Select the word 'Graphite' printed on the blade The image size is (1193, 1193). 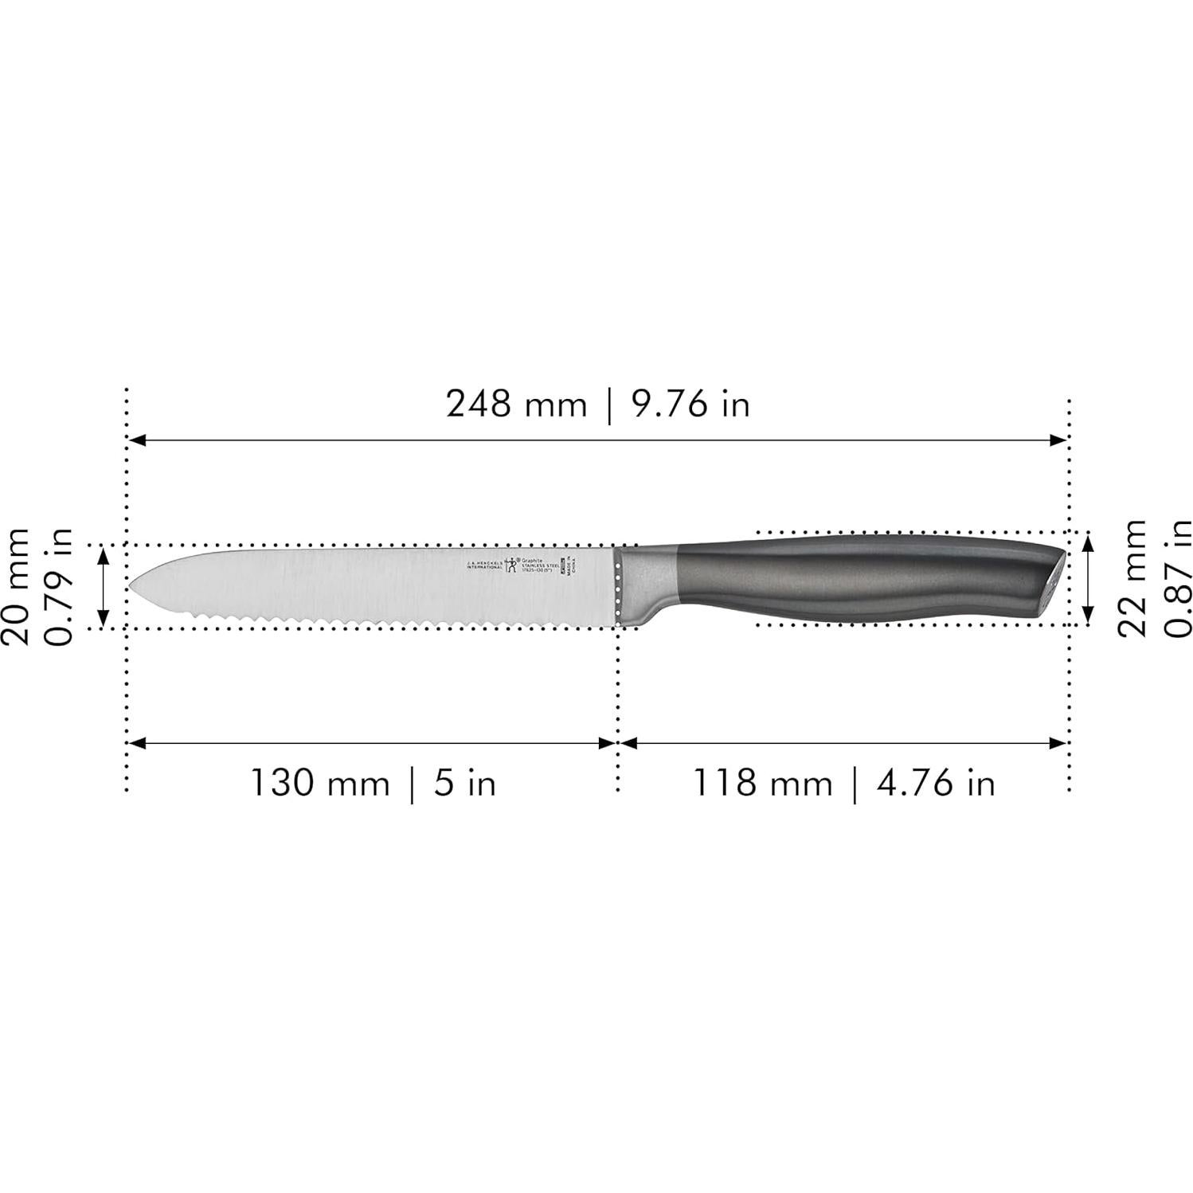(x=531, y=558)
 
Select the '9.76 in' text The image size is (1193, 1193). (x=690, y=405)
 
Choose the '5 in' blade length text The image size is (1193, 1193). (x=465, y=783)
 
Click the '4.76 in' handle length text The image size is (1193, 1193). (x=936, y=783)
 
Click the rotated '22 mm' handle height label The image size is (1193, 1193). (x=1132, y=577)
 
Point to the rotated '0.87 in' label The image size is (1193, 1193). (x=1177, y=577)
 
